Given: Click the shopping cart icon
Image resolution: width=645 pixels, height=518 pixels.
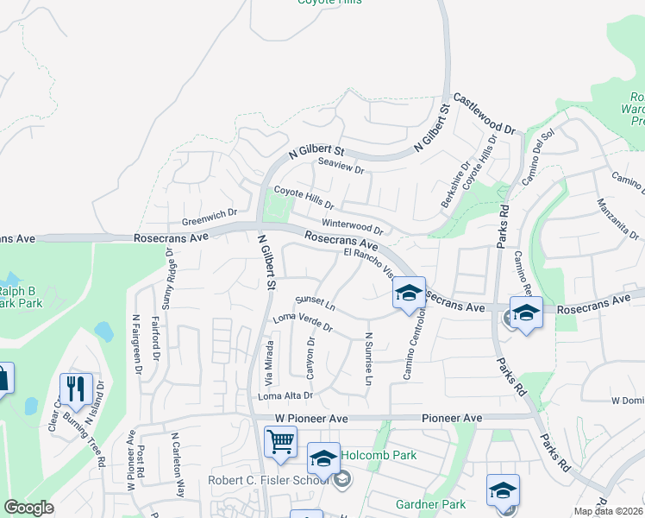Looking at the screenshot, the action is point(281,441).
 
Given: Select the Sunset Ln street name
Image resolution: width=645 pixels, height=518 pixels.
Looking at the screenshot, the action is point(315,304).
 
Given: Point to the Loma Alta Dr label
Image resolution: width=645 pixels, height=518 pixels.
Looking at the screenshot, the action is point(284,395).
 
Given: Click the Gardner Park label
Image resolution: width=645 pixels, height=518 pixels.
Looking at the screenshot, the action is point(430,503).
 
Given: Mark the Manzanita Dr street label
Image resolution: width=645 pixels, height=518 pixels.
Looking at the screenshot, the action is point(617,220).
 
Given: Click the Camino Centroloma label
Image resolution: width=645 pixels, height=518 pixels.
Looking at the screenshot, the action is point(410,345).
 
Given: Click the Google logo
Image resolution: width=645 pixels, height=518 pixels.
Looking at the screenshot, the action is point(28,508).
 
